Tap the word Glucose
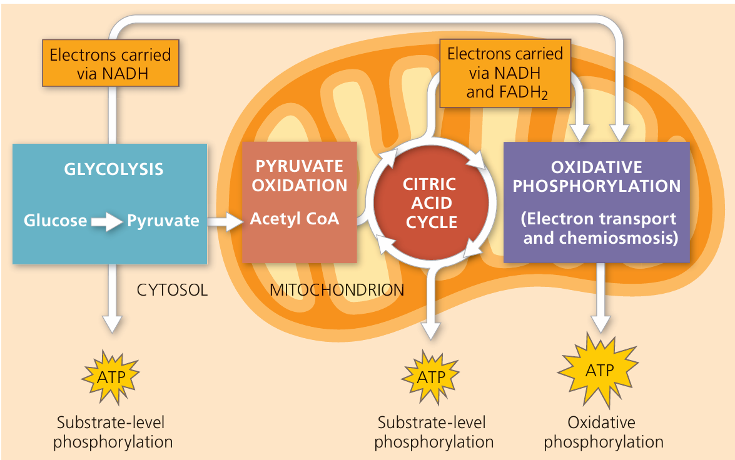click(x=55, y=220)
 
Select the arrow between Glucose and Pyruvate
click(x=106, y=221)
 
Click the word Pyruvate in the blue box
click(x=163, y=220)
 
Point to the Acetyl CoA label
click(x=294, y=219)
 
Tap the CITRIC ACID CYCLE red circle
click(x=430, y=203)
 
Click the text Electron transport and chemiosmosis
click(x=599, y=228)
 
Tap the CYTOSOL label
click(x=171, y=290)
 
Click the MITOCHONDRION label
click(x=337, y=290)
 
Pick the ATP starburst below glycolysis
click(x=111, y=376)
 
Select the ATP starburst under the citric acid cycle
click(x=430, y=377)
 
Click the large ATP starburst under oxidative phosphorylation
click(x=599, y=371)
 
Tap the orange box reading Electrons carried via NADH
click(x=110, y=64)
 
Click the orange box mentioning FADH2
click(x=505, y=74)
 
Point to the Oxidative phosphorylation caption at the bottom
click(x=603, y=432)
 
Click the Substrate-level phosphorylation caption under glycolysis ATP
click(x=113, y=432)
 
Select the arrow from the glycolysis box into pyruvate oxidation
click(x=225, y=221)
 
